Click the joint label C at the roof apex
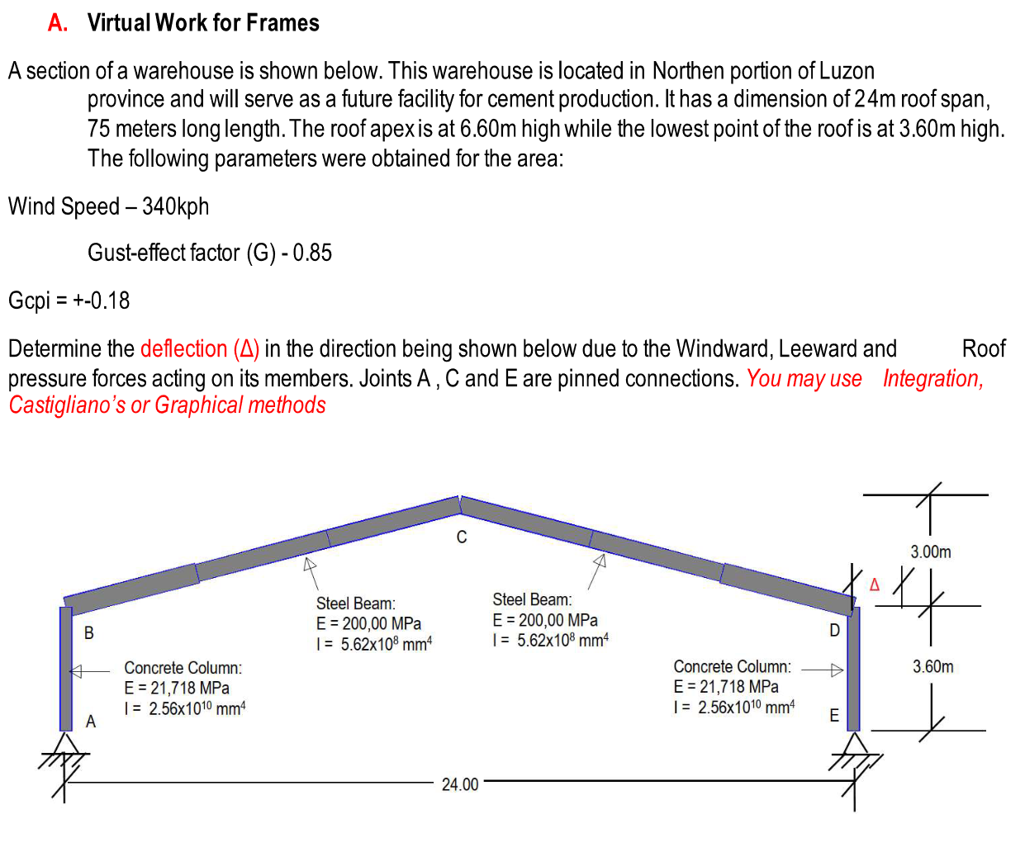[462, 537]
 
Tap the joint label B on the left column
[89, 633]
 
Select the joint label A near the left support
[91, 722]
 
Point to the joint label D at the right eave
[834, 631]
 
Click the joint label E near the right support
[834, 716]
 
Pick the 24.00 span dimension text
[460, 784]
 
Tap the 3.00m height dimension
[931, 551]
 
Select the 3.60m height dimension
[932, 666]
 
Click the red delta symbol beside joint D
[875, 585]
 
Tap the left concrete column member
[66, 669]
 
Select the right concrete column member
[854, 669]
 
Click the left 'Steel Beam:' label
[355, 603]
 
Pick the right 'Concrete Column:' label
[732, 666]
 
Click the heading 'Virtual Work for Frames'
[203, 22]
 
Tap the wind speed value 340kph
[175, 206]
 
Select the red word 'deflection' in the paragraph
[183, 348]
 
